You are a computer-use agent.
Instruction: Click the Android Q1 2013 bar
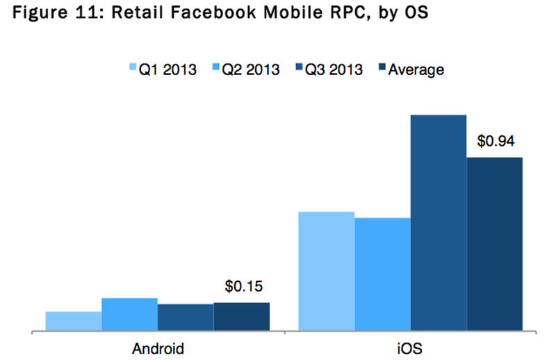74,321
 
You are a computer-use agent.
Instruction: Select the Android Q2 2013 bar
129,314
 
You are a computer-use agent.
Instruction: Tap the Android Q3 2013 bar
185,318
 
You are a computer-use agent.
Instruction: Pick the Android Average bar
241,317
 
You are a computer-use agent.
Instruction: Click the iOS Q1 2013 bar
326,271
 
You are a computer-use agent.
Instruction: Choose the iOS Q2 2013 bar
382,275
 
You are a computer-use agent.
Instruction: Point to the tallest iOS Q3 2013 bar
438,223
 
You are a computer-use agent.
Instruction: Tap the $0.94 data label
495,141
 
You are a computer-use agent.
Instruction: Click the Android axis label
158,348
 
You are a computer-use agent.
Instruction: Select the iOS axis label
410,348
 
